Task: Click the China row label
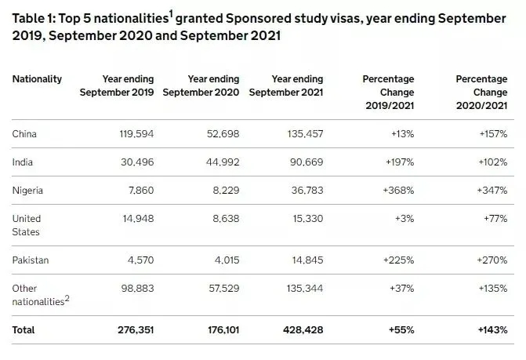coord(24,134)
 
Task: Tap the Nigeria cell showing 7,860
coord(138,191)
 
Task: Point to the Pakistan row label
coord(30,259)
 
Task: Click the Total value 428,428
coord(303,329)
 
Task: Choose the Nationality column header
coord(37,79)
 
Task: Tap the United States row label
coord(27,225)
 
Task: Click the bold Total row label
coord(24,329)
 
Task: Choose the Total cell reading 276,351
coord(133,329)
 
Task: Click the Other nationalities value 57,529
coord(222,289)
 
